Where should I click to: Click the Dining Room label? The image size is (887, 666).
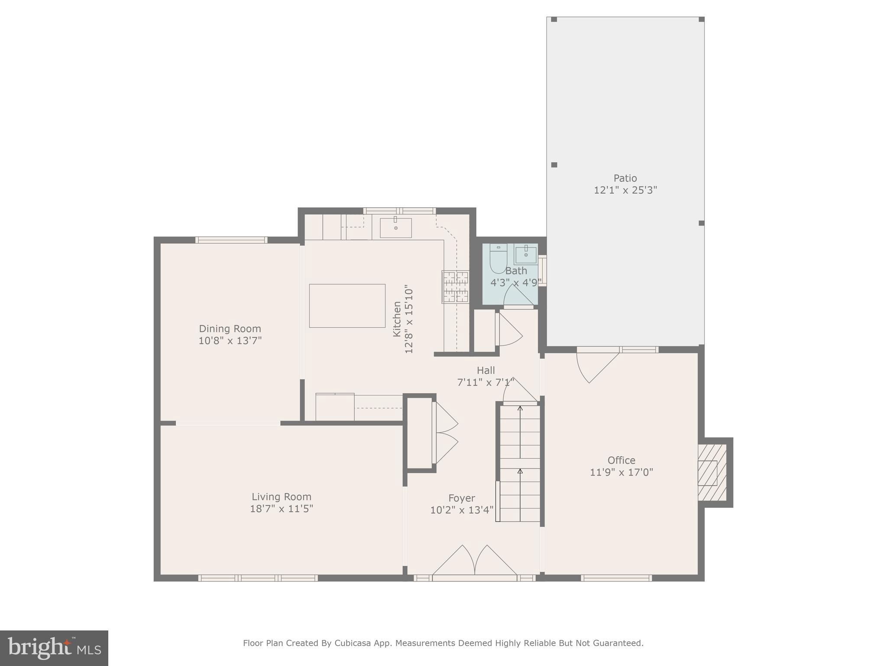point(230,329)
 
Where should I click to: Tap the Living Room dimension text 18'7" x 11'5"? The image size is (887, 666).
point(282,509)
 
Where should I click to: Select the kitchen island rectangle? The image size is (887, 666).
point(347,306)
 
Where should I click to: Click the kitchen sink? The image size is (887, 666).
point(395,228)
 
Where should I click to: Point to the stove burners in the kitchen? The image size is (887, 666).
point(455,287)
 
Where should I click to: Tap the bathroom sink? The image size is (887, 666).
point(525,254)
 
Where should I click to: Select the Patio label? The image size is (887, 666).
point(625,178)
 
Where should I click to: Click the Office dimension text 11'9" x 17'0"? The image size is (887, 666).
point(621,472)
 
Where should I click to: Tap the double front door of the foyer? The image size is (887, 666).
point(475,562)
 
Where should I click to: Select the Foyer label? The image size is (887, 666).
point(461,498)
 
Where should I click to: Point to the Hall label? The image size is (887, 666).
point(486,370)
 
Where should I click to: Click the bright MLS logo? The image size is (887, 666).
point(54,648)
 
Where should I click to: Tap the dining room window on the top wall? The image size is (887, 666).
point(231,240)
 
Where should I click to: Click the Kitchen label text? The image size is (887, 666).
point(397,319)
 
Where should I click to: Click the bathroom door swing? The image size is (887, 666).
point(518,296)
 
